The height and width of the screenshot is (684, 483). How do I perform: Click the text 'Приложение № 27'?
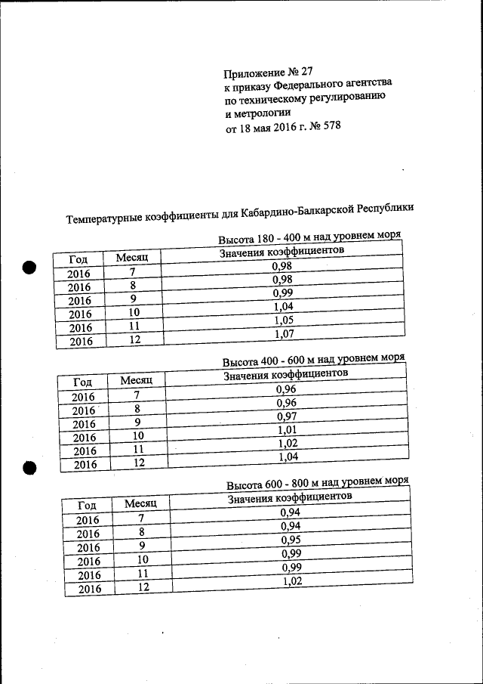[x=268, y=73]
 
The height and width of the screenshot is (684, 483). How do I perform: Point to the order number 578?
[x=332, y=126]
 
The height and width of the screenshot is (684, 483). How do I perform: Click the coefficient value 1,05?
[x=283, y=320]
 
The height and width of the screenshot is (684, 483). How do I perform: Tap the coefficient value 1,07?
[x=284, y=334]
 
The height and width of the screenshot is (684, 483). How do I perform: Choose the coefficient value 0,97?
[x=287, y=416]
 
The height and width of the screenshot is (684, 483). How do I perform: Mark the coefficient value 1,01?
[x=288, y=430]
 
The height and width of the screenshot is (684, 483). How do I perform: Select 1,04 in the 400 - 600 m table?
[x=288, y=457]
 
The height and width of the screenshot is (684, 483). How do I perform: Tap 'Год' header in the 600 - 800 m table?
[x=87, y=506]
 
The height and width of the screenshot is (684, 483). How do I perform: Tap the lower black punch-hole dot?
[x=30, y=468]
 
